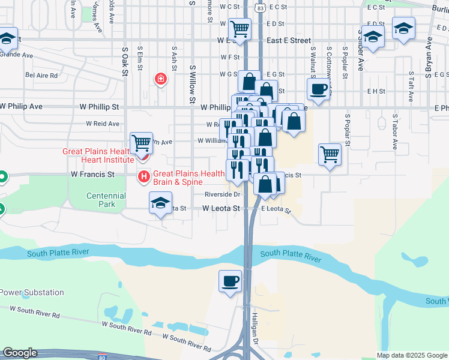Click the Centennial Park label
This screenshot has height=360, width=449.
106,200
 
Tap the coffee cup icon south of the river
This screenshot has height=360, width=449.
231,280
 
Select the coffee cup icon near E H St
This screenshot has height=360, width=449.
318,90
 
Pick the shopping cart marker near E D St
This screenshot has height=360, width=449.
240,28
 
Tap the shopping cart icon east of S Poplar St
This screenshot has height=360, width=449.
330,154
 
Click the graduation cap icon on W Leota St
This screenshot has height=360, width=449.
161,203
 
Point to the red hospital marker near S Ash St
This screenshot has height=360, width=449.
160,79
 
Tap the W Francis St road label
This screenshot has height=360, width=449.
92,174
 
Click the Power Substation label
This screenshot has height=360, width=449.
32,292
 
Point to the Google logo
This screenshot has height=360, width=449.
20,353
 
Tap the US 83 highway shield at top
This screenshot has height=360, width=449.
259,7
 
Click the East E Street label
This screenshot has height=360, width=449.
289,40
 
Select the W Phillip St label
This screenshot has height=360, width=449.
99,106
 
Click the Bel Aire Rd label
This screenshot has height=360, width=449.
41,76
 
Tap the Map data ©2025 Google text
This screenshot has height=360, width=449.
411,355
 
